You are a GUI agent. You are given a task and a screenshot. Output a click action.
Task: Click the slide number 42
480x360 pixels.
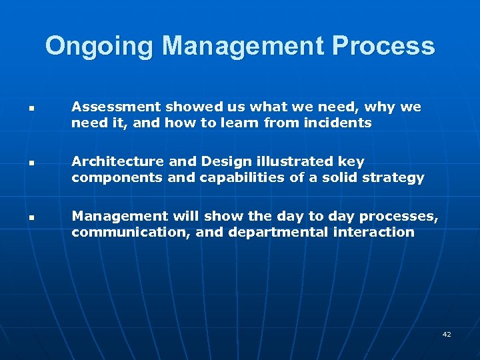[447, 334]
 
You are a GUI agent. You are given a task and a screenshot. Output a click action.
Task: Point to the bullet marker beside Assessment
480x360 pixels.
[31, 108]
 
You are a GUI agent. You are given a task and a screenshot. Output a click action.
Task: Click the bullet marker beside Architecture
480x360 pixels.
[31, 163]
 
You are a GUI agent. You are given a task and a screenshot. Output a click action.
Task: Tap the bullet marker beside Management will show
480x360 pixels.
[31, 217]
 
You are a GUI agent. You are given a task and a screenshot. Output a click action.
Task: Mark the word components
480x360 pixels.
[112, 177]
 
